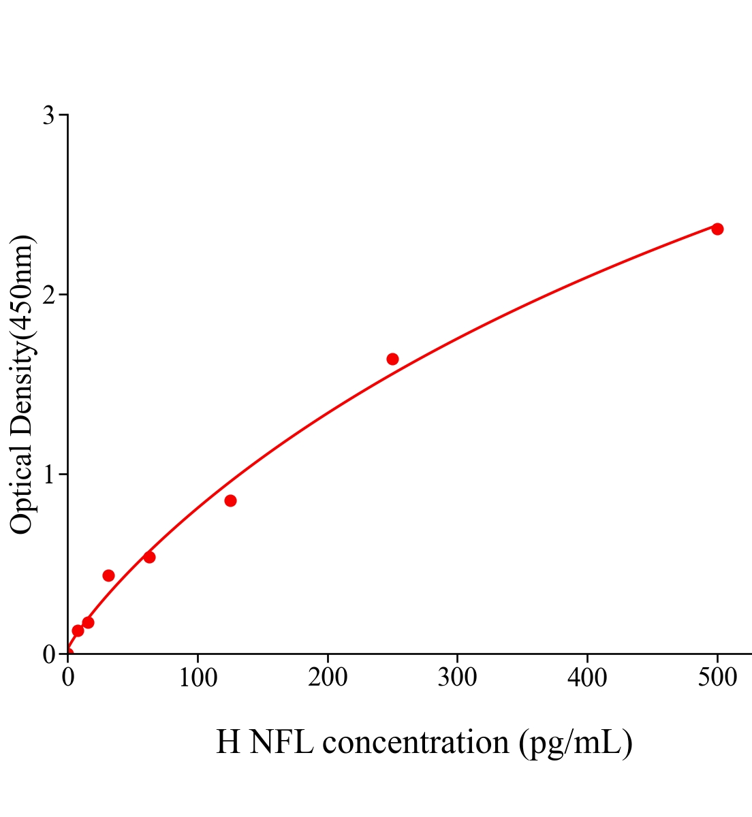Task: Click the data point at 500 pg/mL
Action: click(x=717, y=229)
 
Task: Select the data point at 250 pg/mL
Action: click(x=392, y=359)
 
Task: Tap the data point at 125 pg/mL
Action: click(x=230, y=500)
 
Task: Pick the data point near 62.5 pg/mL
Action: click(x=149, y=557)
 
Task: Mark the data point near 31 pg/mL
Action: click(x=108, y=575)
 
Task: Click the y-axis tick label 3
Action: click(x=48, y=116)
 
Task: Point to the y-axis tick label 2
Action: click(x=48, y=295)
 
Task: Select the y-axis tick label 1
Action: click(x=48, y=475)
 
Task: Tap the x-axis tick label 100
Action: click(x=198, y=677)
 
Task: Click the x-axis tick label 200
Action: click(x=328, y=677)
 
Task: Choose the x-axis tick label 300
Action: click(x=457, y=677)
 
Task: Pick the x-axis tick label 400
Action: click(x=587, y=677)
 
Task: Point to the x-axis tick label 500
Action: click(x=717, y=677)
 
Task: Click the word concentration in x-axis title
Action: click(x=416, y=742)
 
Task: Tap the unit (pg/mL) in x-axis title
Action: click(x=576, y=742)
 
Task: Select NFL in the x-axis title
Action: click(x=281, y=742)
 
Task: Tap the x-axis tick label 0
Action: click(x=68, y=677)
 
